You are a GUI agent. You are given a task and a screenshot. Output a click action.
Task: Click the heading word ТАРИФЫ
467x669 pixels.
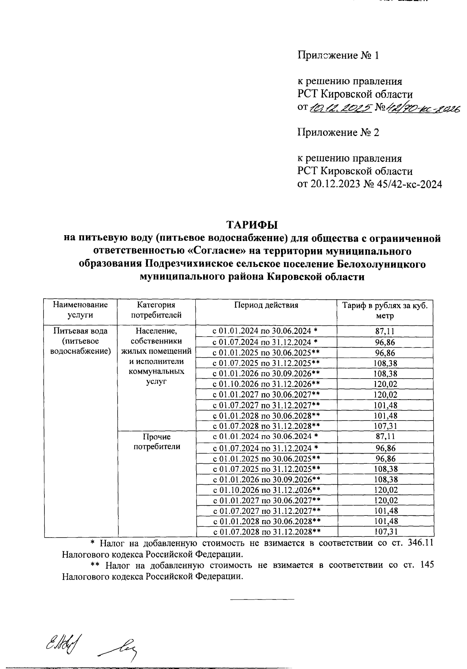tap(253, 225)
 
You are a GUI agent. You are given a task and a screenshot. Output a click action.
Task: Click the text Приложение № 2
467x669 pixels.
tap(338, 133)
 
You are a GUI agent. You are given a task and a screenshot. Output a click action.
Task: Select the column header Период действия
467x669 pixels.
tap(266, 305)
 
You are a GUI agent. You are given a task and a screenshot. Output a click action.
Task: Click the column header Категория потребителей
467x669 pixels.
tap(156, 310)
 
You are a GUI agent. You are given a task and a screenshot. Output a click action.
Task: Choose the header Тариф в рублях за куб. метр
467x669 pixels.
tap(385, 310)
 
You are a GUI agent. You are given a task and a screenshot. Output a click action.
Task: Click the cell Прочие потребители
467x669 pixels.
tap(156, 442)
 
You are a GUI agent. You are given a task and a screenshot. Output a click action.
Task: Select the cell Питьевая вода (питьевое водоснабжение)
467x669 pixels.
tap(81, 341)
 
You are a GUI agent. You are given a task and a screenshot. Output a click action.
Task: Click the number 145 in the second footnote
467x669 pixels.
tap(427, 565)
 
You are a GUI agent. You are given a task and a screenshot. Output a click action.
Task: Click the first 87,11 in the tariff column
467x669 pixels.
tap(385, 332)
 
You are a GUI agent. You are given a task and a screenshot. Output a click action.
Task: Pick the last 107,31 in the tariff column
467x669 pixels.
tap(385, 531)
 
